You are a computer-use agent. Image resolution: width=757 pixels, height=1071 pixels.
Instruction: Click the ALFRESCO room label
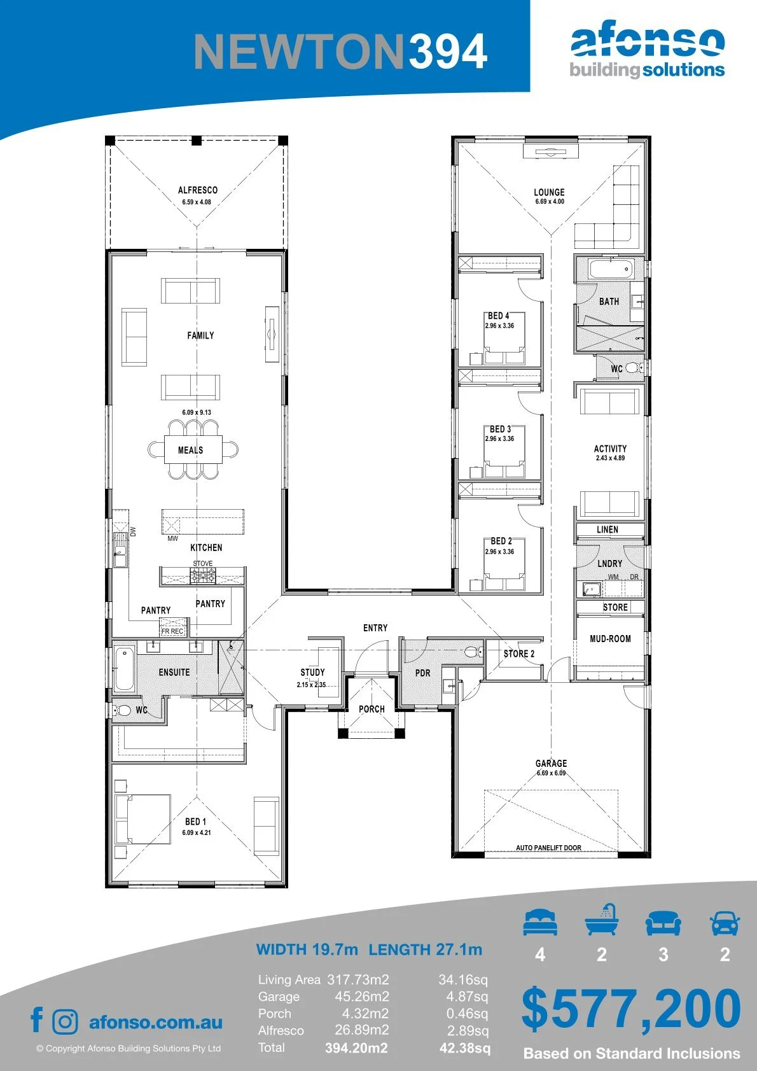tap(198, 190)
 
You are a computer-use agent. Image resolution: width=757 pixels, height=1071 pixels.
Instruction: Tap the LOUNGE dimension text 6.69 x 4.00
tap(550, 202)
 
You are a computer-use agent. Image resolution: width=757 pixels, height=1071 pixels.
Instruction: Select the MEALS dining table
tap(193, 449)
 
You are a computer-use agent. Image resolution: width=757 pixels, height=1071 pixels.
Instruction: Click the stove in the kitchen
tap(203, 576)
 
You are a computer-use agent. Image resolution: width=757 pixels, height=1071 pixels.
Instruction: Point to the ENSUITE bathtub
tap(124, 668)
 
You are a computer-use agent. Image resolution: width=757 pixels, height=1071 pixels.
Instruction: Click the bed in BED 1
tap(143, 820)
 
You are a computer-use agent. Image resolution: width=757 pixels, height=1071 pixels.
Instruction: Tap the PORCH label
tap(372, 709)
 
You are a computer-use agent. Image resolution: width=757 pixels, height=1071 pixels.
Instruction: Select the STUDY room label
tap(312, 672)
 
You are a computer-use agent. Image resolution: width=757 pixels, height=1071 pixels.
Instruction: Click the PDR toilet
tap(473, 651)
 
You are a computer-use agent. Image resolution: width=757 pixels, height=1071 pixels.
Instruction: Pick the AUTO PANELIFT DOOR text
tap(548, 848)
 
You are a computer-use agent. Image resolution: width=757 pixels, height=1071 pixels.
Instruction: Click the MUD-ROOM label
tap(610, 639)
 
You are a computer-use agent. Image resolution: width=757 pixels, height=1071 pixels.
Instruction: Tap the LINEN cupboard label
tap(608, 529)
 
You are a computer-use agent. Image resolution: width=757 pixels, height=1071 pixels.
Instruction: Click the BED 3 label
tap(501, 429)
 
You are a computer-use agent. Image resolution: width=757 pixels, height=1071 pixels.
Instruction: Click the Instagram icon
tap(65, 1022)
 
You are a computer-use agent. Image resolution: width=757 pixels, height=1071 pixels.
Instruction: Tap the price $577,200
tap(631, 1009)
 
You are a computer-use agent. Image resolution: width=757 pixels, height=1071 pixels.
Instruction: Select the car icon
tap(725, 923)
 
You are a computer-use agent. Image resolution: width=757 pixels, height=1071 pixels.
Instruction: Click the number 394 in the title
tap(448, 52)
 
